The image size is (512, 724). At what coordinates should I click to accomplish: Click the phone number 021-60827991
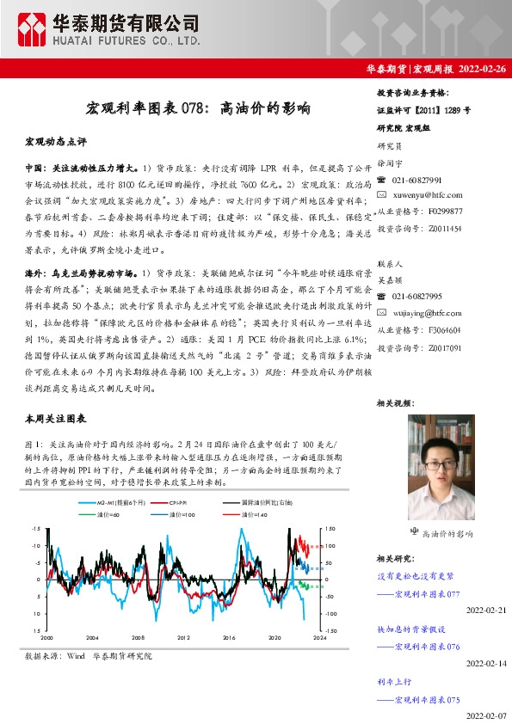click(416, 181)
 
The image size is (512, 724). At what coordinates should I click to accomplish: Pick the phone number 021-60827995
click(416, 298)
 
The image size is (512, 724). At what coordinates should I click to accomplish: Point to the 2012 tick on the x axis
click(183, 638)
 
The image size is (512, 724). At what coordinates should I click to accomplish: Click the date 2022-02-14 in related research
click(487, 664)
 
